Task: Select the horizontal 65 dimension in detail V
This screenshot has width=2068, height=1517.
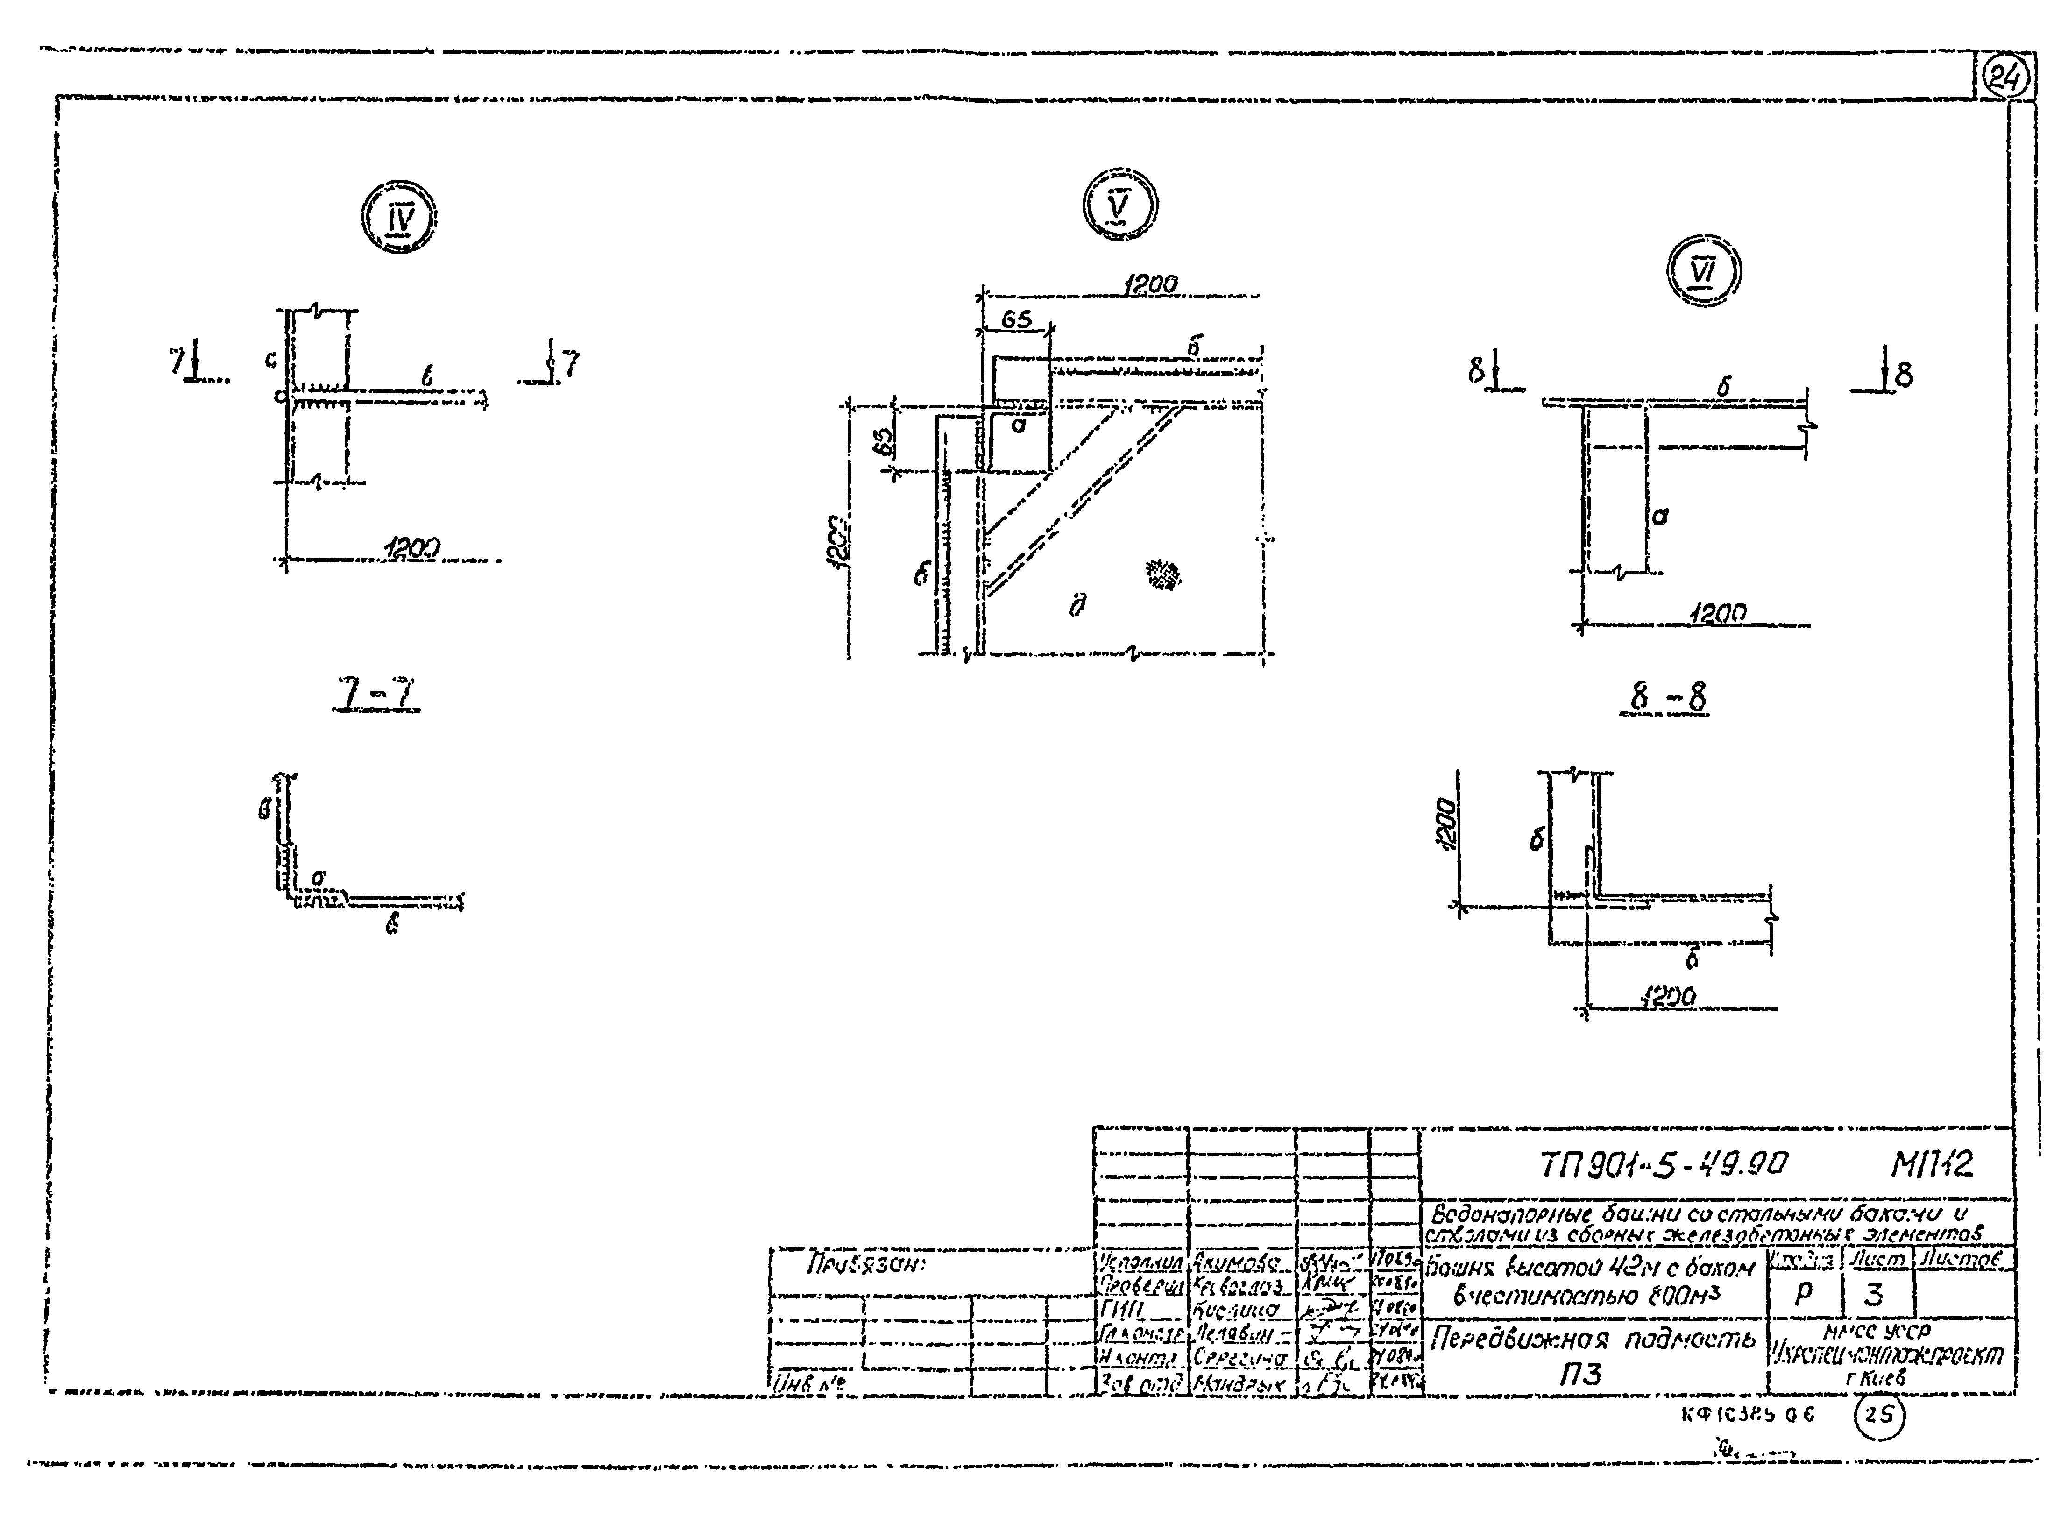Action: [1016, 319]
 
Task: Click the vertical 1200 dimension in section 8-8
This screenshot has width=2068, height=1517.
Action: [1445, 824]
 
